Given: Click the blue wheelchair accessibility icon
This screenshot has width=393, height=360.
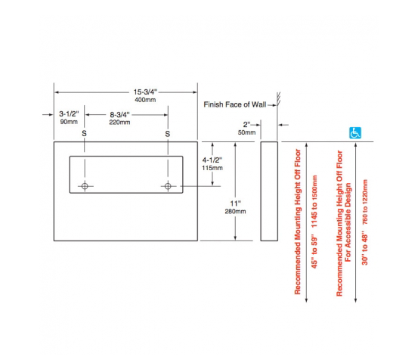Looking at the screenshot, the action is click(x=355, y=133).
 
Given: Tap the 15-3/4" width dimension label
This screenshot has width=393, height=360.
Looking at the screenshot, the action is click(x=145, y=92).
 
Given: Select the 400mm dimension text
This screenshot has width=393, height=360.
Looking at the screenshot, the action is click(x=145, y=100).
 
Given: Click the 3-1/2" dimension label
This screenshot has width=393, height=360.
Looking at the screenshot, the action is click(x=69, y=114).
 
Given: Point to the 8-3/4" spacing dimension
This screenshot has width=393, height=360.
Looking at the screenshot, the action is click(x=119, y=115).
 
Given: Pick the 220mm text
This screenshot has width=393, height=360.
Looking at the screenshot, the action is click(x=119, y=123).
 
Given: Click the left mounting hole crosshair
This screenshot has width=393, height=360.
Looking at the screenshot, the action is click(x=85, y=186).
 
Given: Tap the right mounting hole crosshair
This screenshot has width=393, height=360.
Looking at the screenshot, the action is click(x=168, y=186).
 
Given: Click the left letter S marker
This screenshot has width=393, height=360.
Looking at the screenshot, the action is click(x=84, y=133).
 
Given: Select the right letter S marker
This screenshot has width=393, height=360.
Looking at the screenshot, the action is click(x=168, y=134).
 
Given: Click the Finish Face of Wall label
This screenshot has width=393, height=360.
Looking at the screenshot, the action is click(x=235, y=104).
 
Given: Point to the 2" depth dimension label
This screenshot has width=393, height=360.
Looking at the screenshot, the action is click(x=246, y=125).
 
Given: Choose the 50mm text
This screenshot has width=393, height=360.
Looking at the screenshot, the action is click(x=246, y=132).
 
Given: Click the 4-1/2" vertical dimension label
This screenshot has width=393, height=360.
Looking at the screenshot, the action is click(x=212, y=160).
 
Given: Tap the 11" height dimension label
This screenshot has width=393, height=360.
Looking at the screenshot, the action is click(x=236, y=203).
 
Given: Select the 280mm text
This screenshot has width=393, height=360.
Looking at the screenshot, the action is click(x=235, y=211).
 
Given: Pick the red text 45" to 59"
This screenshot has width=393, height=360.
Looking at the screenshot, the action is click(x=314, y=253).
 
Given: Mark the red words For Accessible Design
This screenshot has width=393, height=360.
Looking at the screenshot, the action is click(x=348, y=222).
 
